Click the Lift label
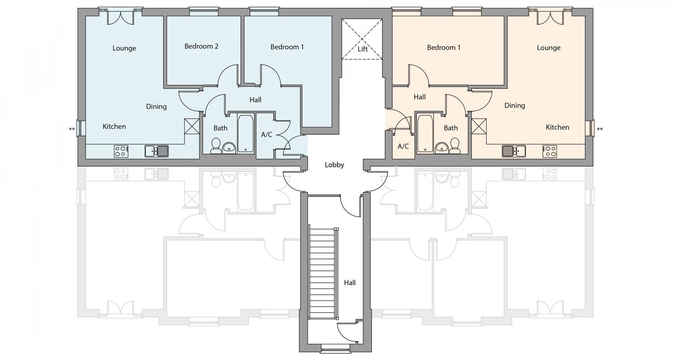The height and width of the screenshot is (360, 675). click(363, 49)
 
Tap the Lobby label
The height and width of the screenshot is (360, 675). click(334, 165)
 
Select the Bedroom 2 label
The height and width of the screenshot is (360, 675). click(201, 46)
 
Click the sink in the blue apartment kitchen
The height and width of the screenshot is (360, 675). click(157, 151)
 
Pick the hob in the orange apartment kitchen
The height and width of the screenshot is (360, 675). click(549, 151)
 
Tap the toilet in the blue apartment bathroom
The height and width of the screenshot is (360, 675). click(216, 146)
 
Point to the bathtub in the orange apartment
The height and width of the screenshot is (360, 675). click(425, 133)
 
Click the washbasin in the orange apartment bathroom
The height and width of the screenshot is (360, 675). click(442, 148)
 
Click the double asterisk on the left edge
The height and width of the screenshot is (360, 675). click(72, 130)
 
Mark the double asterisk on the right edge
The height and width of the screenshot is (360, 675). click(600, 130)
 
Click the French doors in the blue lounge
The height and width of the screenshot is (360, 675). click(120, 17)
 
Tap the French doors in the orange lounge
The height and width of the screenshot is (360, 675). click(550, 17)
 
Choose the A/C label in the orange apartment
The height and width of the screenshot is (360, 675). click(403, 146)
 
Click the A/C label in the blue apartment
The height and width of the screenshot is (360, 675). click(267, 135)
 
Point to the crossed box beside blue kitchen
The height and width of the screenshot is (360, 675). click(192, 126)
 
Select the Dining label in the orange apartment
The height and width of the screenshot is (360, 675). click(514, 106)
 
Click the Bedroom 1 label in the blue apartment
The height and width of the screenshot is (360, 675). click(287, 47)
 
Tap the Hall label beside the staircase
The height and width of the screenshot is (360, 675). click(349, 283)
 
